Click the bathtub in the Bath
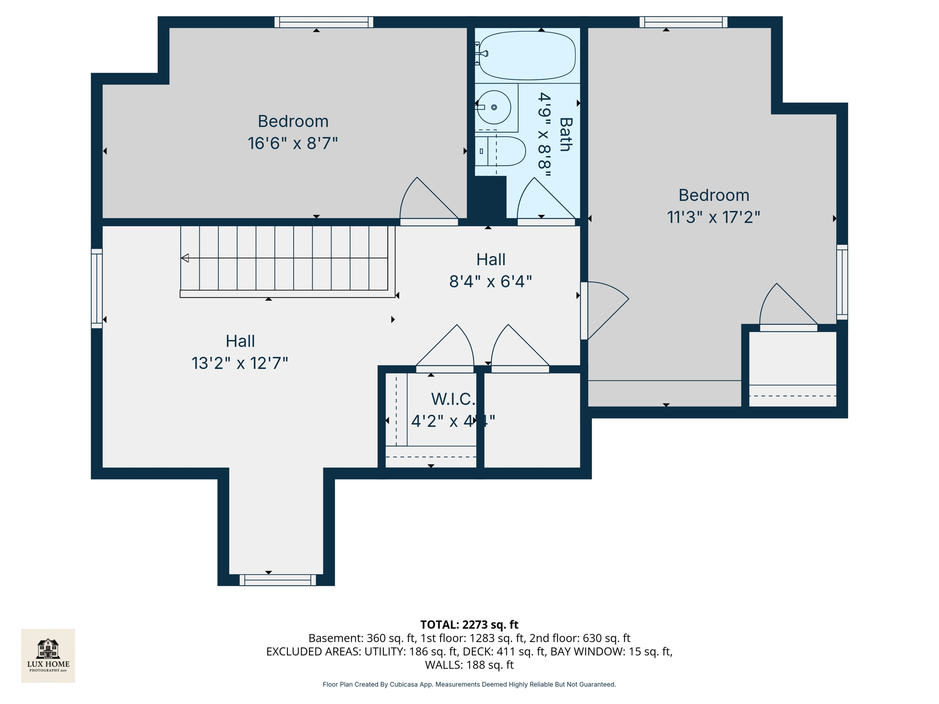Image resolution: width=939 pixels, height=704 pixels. point(527,55)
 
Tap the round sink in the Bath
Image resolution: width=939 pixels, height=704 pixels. point(494,107)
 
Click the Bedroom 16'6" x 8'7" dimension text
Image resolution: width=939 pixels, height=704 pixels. point(293,143)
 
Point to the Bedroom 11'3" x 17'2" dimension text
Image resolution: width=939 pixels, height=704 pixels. point(713,217)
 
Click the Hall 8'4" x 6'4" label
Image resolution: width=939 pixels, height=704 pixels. point(491,270)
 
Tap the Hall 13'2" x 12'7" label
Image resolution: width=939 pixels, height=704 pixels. point(240,352)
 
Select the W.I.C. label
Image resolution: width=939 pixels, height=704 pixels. point(453,399)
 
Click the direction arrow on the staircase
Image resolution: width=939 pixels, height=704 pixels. point(185,258)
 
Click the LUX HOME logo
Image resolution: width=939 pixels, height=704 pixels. point(48,655)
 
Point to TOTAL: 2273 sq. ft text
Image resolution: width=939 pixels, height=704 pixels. point(469,625)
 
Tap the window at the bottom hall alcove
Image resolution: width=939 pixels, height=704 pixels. point(278,580)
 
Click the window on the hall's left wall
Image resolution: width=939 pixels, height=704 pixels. point(97,288)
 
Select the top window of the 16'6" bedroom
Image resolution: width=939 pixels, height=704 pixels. point(324,22)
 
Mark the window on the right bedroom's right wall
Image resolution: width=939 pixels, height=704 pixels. point(842,282)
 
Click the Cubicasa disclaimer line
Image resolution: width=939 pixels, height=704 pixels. point(469,684)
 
